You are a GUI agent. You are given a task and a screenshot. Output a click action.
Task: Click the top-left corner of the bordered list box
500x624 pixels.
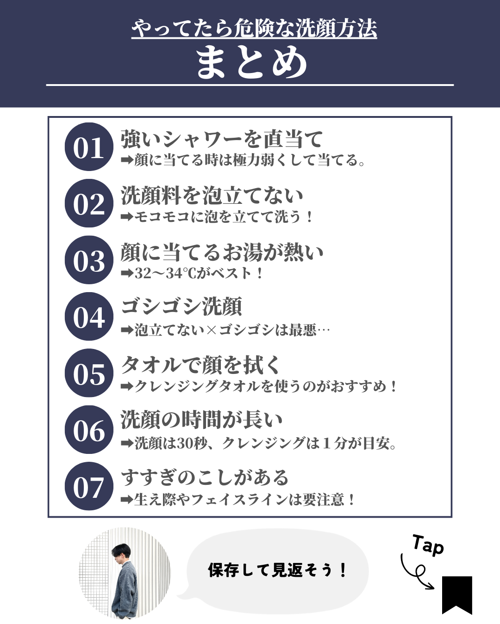click(48, 117)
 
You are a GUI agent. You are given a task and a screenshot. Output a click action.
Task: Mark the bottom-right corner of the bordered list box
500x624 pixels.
click(452, 517)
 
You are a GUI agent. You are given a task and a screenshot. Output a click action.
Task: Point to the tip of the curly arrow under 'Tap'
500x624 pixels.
click(434, 588)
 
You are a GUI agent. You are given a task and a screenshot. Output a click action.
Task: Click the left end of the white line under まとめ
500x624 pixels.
click(46, 85)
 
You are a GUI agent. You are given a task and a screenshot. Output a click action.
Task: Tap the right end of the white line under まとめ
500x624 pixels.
click(454, 85)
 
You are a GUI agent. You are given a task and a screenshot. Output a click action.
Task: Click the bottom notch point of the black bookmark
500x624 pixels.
click(457, 606)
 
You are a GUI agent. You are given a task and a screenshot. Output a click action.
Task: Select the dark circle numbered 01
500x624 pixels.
click(89, 147)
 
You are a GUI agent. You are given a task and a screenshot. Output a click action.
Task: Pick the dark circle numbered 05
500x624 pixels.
click(89, 373)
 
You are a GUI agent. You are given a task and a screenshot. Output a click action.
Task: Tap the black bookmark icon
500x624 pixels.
click(457, 595)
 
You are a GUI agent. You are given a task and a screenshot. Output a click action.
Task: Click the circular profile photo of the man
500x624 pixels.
click(125, 573)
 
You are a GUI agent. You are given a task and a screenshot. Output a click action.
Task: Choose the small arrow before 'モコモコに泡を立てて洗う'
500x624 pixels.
click(127, 217)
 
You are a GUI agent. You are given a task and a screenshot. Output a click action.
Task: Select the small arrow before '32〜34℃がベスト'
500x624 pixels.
click(127, 273)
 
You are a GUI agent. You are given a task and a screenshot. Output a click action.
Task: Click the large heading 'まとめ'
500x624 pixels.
click(251, 62)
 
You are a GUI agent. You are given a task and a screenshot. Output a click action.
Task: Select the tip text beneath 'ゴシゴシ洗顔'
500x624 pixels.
click(225, 330)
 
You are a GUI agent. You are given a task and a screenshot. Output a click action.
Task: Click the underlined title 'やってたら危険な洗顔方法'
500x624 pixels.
click(254, 29)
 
